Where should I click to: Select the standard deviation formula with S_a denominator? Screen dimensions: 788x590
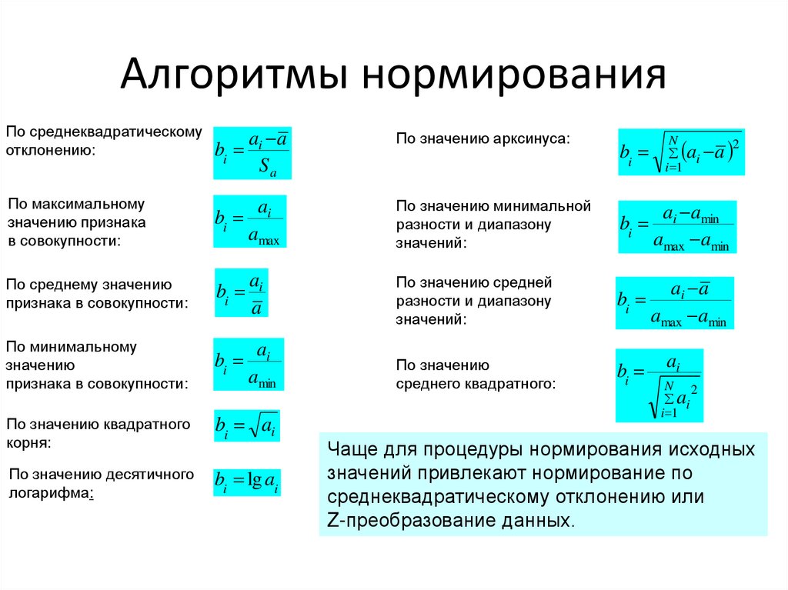pyautogui.click(x=252, y=152)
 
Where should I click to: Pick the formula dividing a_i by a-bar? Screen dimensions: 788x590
pyautogui.click(x=241, y=293)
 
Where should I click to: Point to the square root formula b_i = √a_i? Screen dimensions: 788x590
pyautogui.click(x=246, y=425)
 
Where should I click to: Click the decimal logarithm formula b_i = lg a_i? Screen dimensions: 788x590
pyautogui.click(x=246, y=482)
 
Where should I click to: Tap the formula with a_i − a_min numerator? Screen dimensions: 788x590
pyautogui.click(x=677, y=227)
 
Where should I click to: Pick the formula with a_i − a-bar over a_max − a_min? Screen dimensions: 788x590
pyautogui.click(x=675, y=303)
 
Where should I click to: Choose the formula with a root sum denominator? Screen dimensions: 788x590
pyautogui.click(x=659, y=385)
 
